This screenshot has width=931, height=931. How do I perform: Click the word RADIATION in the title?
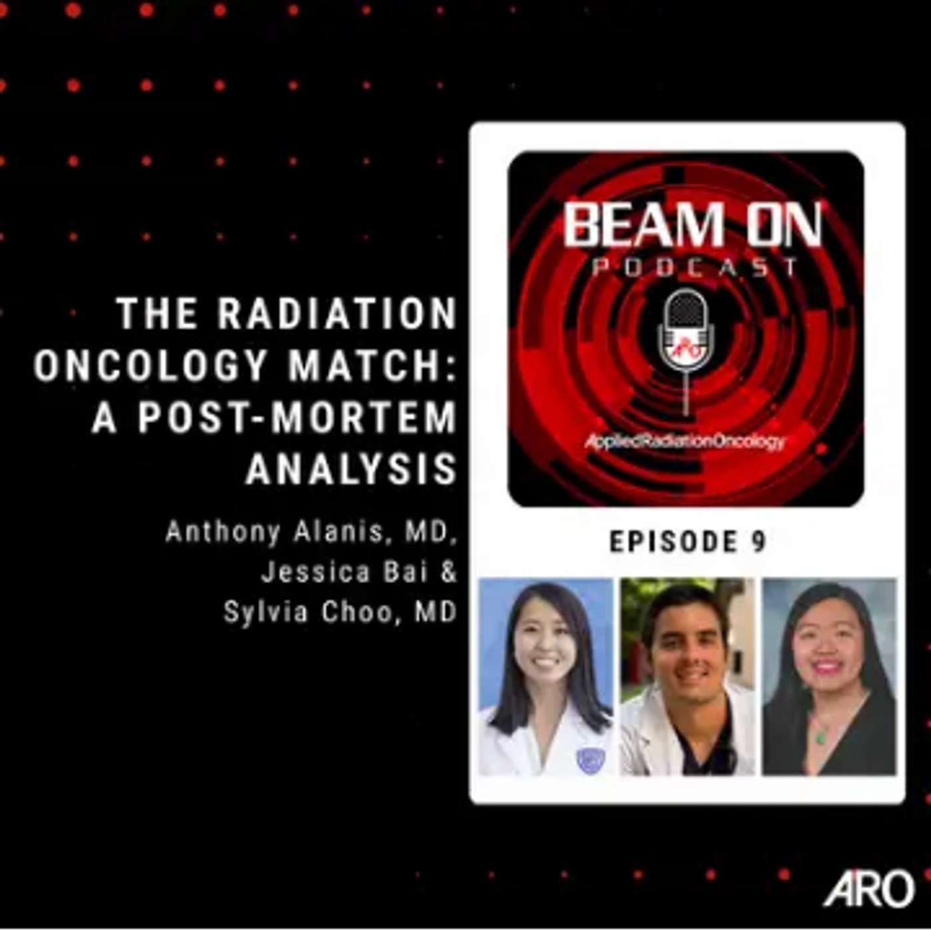(x=336, y=314)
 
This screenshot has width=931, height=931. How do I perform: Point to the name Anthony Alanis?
(x=273, y=533)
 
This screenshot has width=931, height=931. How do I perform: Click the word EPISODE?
(x=672, y=542)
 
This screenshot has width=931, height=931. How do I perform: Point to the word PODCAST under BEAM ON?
(x=694, y=267)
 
